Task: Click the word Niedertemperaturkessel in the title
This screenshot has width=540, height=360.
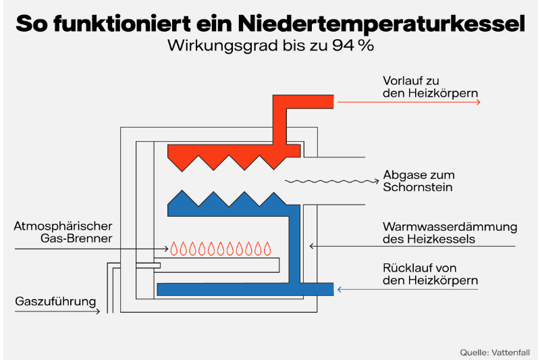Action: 381,24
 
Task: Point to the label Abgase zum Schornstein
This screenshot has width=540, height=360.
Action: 418,181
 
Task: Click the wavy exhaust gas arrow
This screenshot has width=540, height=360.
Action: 331,181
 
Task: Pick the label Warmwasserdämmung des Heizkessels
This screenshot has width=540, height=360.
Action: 450,232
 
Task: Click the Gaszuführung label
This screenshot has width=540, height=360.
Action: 55,301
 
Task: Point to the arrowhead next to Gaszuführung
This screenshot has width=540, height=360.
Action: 98,311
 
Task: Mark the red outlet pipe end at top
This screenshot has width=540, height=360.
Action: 324,101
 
